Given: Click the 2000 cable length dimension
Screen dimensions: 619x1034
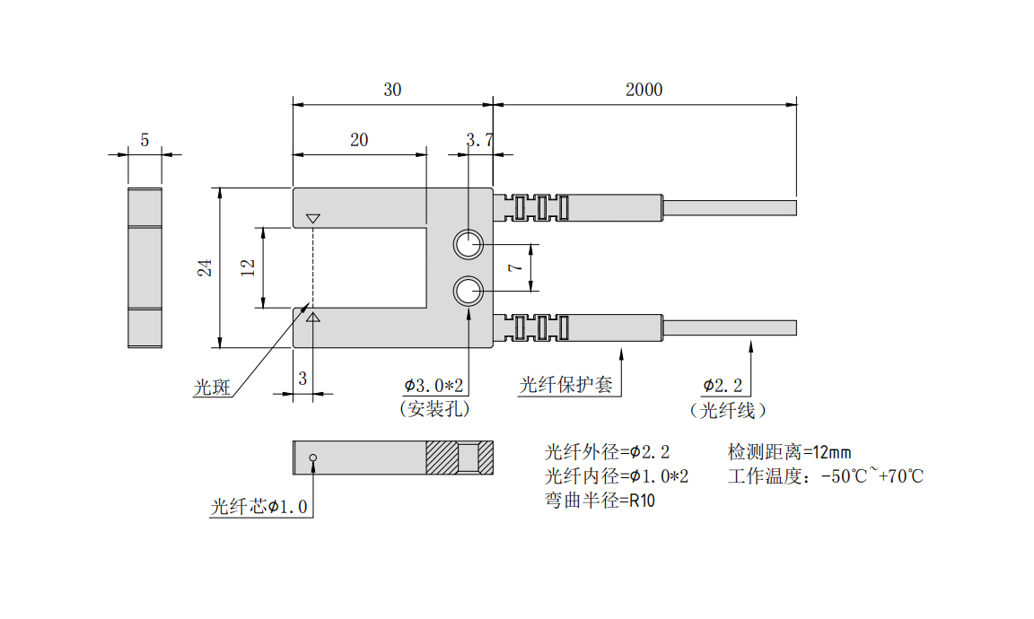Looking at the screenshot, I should coord(644,90).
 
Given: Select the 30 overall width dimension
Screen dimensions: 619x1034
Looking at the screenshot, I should coord(392,90).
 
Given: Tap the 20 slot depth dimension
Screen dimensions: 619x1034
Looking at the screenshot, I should coord(359,140).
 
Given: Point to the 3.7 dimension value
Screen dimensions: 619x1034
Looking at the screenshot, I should coord(480,140).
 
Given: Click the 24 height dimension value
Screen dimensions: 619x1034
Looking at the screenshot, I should coord(206,267).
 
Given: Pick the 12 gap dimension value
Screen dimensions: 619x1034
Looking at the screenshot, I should coord(249,266).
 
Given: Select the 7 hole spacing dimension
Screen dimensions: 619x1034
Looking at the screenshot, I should coord(513,267).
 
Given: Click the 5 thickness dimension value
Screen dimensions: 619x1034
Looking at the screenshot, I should coord(145,140).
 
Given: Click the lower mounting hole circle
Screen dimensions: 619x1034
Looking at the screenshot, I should coord(468,291).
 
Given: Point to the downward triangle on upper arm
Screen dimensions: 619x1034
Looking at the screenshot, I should coord(312,219).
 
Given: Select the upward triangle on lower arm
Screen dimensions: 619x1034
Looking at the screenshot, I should coord(312,317).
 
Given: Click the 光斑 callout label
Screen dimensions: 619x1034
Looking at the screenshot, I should coord(212,388).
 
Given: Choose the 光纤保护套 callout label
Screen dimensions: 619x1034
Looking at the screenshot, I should coord(565,386).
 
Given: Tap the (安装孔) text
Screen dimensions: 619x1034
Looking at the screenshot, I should coord(434,409).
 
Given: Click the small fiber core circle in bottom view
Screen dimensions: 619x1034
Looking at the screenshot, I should coord(312,458).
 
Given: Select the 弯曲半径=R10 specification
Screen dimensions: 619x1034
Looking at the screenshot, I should coord(600,501).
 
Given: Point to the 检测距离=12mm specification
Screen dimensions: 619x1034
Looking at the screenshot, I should coord(789,451).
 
